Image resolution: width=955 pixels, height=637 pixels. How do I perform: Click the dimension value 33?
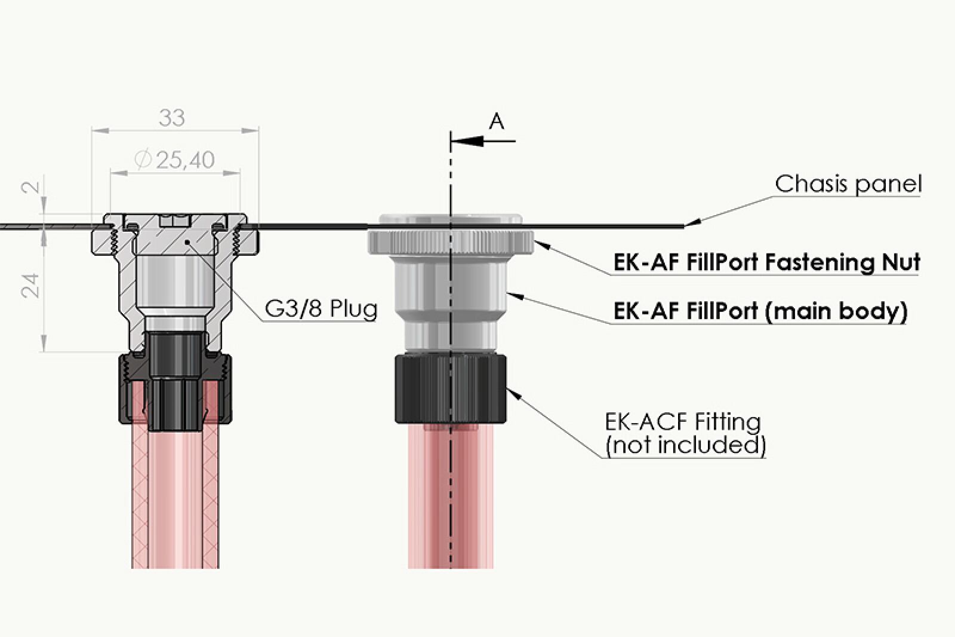[x=172, y=118]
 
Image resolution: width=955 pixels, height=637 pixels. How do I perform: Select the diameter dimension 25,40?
[x=174, y=160]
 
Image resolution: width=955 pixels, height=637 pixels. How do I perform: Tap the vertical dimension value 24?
[x=31, y=285]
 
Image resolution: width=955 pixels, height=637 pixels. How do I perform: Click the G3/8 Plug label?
[x=321, y=309]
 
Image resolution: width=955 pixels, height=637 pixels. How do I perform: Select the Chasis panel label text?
[x=848, y=184]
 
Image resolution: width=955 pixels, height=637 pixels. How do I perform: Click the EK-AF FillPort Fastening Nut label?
[x=766, y=262]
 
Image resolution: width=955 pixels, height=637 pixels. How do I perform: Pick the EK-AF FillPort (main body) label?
[x=760, y=311]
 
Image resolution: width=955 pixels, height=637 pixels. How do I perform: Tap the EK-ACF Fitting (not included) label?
[x=685, y=433]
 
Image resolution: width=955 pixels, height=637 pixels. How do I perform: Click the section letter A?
[x=497, y=122]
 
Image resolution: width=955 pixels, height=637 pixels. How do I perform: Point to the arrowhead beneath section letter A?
[x=467, y=141]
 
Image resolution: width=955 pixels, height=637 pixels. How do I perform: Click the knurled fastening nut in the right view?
[x=451, y=242]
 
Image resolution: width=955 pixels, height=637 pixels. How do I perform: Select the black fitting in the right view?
[x=451, y=388]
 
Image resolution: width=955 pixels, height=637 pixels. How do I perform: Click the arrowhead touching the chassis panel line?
[x=692, y=222]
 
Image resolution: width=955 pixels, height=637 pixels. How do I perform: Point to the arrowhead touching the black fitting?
[x=514, y=393]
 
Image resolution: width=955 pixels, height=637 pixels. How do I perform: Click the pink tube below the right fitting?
[x=451, y=496]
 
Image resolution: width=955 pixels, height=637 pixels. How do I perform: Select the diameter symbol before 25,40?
[x=143, y=160]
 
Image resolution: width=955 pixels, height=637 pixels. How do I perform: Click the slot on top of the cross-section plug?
[x=174, y=220]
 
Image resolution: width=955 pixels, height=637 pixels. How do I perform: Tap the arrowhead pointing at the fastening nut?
[x=543, y=245]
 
